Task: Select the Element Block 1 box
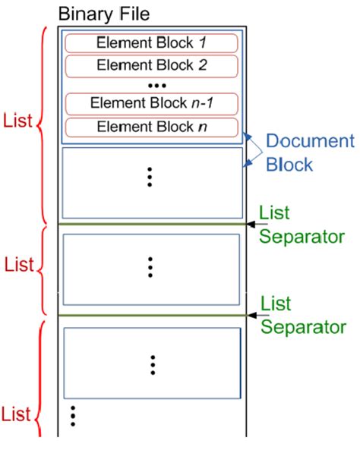coord(152,42)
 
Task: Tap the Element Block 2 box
coord(152,65)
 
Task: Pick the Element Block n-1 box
coord(152,102)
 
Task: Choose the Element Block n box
coord(152,126)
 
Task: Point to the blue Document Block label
coord(309,153)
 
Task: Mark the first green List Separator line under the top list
coord(152,224)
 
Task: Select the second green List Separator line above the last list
coord(152,315)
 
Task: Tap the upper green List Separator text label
coord(303,224)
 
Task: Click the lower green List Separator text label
coord(303,315)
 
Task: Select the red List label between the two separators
coord(19,266)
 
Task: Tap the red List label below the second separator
coord(17,414)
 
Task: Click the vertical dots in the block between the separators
coord(150,267)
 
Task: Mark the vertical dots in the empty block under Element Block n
coord(150,176)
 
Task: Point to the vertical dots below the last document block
coord(73,416)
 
